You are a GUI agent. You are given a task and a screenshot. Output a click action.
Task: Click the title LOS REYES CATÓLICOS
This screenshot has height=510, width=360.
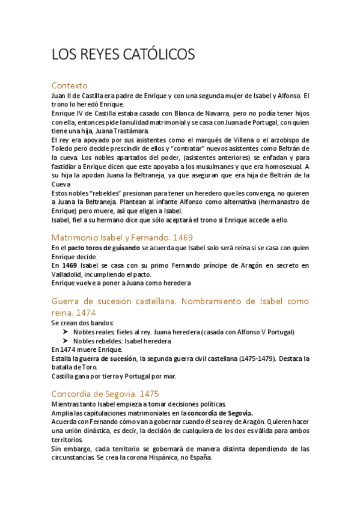click(x=123, y=55)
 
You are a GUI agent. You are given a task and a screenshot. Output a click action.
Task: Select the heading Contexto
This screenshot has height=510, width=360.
click(x=70, y=85)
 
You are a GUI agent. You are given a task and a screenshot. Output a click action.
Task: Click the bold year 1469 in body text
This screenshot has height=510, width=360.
click(x=69, y=265)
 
